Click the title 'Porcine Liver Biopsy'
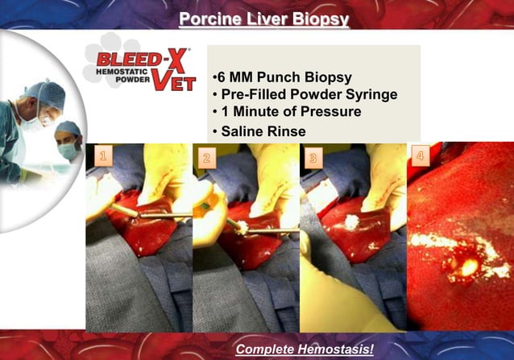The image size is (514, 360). pos(263,18)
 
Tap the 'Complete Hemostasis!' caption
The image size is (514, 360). pos(305,349)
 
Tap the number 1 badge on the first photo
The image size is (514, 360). pos(102,156)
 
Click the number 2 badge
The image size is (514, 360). pos(206,158)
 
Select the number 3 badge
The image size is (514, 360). pos(313,157)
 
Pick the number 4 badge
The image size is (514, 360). pos(420,155)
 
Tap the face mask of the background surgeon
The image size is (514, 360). pos(68,150)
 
